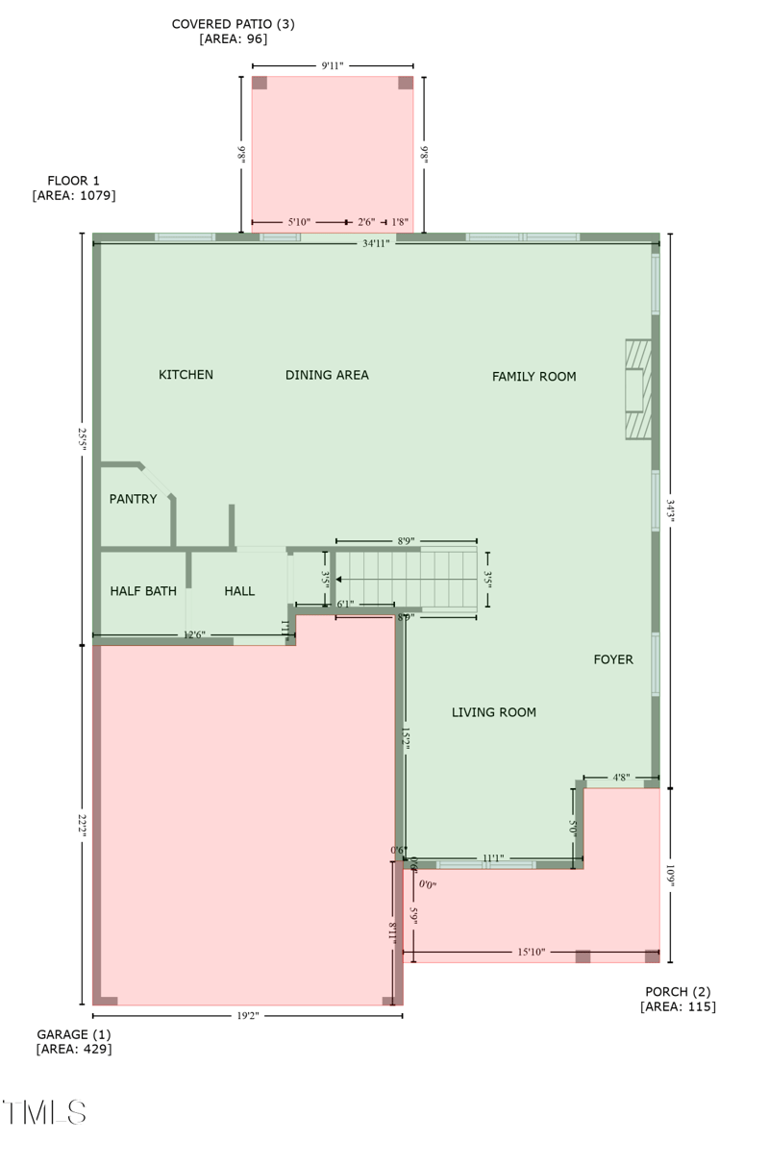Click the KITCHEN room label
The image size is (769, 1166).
coord(186,375)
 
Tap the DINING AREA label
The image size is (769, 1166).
coord(327,375)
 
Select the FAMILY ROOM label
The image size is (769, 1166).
coord(533,377)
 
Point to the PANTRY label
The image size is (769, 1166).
coord(133,499)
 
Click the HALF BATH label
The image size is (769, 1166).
coord(143,591)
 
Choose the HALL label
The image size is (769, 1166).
coord(239,591)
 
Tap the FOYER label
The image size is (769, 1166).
coord(613,659)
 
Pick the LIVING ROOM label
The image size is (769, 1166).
coord(494,712)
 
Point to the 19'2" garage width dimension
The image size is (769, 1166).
coord(247,1015)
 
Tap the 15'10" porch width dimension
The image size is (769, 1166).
coord(531,953)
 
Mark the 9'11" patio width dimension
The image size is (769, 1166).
coord(333,65)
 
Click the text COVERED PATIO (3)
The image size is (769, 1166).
coord(233,24)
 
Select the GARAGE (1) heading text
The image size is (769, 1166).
coord(74,1034)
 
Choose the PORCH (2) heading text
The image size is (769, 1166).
coord(678,992)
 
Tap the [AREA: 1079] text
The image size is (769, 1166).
coord(74,195)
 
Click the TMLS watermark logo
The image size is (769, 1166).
coord(44,1112)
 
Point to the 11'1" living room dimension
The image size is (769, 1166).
coord(493,857)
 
